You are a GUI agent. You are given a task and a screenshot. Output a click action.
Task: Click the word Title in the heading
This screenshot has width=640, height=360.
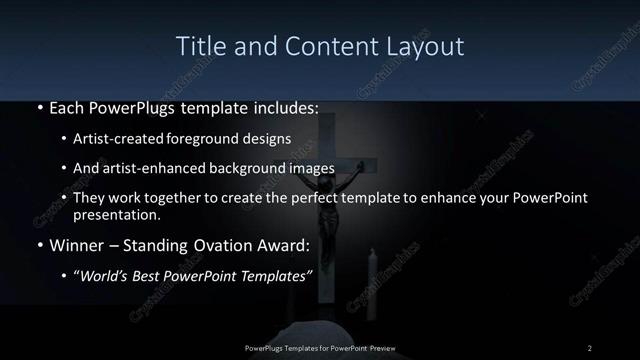[x=199, y=46]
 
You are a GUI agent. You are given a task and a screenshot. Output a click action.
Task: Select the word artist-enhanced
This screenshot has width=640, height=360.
[x=153, y=168]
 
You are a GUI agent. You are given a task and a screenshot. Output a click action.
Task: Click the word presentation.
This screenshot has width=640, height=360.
[x=116, y=214]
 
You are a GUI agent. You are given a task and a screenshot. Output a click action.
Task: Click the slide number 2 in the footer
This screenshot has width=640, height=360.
[x=590, y=347]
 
